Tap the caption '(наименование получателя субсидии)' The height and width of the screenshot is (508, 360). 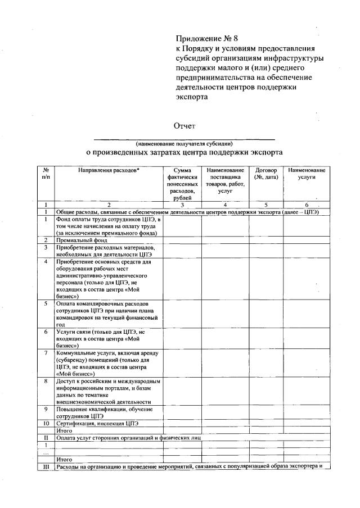click(x=184, y=144)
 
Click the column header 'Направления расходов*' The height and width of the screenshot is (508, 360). click(x=109, y=170)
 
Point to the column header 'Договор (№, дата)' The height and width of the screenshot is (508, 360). click(x=266, y=173)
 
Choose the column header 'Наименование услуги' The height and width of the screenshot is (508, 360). click(x=307, y=173)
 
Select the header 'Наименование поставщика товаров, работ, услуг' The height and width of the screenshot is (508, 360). click(x=225, y=180)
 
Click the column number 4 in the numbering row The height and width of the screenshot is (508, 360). click(x=225, y=205)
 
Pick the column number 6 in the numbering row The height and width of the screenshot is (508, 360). click(x=307, y=205)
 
